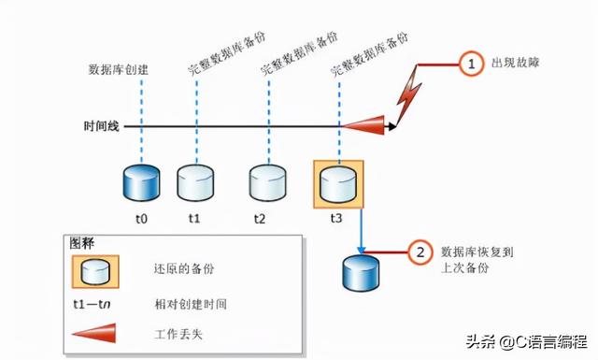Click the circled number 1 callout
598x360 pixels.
pos(472,65)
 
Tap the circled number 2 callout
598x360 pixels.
pos(421,253)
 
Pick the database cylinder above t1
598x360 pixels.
pos(194,183)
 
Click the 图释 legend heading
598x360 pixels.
pos(82,242)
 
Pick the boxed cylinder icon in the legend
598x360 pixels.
pos(93,271)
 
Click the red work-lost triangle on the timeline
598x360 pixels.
pos(365,124)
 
